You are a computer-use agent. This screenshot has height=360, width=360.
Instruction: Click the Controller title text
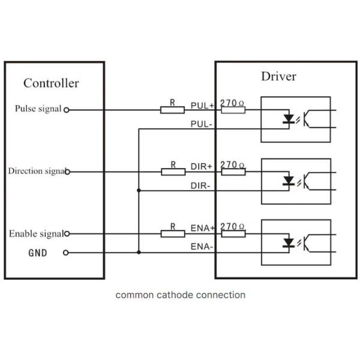pos(51,83)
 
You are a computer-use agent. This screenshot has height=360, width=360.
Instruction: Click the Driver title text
pos(278,76)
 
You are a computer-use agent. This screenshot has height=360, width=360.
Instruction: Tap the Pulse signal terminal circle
pos(67,110)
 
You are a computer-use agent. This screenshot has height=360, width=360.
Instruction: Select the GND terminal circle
pos(67,253)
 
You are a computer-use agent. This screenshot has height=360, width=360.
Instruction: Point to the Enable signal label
pos(35,233)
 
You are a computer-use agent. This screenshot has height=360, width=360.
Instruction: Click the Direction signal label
pos(36,171)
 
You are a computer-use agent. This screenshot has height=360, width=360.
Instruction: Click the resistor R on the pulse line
pos(173,110)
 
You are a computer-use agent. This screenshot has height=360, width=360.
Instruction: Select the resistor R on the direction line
pos(173,172)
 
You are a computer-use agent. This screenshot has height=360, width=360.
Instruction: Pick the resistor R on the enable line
pos(173,233)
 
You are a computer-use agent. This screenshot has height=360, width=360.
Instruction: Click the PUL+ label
pos(202,105)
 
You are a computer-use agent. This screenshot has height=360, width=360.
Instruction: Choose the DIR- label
pos(200,186)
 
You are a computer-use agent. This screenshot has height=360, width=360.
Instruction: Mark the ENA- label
pos(202,247)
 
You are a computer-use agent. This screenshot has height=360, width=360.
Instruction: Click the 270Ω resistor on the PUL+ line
pos(233,110)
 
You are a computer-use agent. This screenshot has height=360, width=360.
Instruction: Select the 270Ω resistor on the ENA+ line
pos(233,233)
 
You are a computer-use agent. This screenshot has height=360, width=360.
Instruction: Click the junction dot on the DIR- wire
pos(139,191)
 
